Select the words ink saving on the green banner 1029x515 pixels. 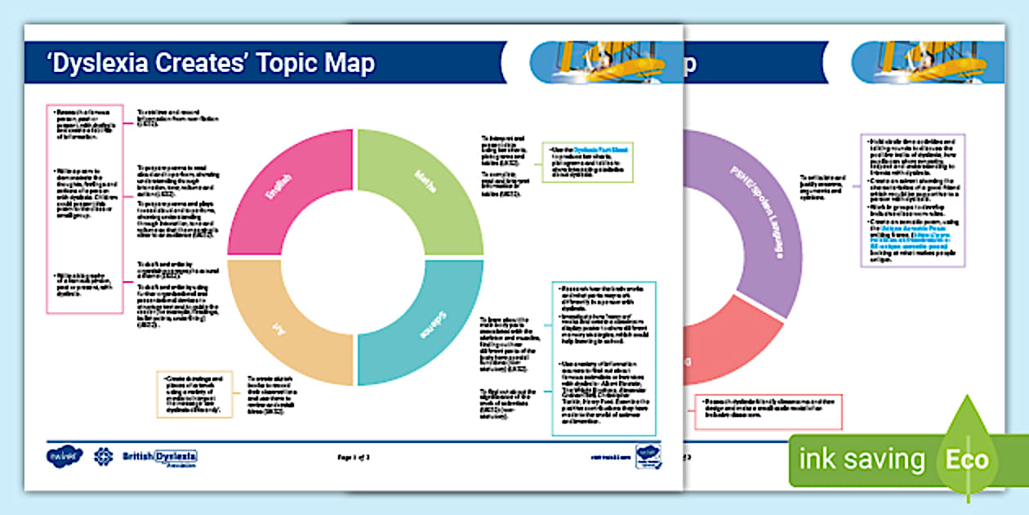861,459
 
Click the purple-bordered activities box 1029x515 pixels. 913,200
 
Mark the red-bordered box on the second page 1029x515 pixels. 768,412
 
